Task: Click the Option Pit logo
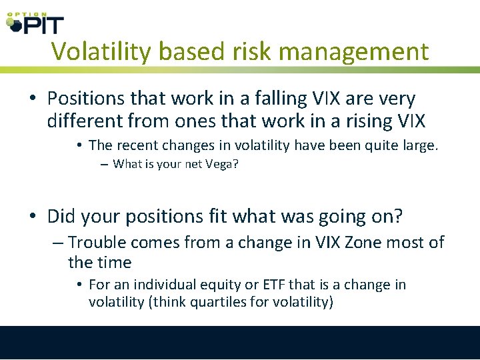35,23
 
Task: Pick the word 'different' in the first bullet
86,121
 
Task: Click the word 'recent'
135,145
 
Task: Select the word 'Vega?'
221,164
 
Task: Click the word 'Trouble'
98,243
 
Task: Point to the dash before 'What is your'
105,165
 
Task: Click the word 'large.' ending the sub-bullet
420,145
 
